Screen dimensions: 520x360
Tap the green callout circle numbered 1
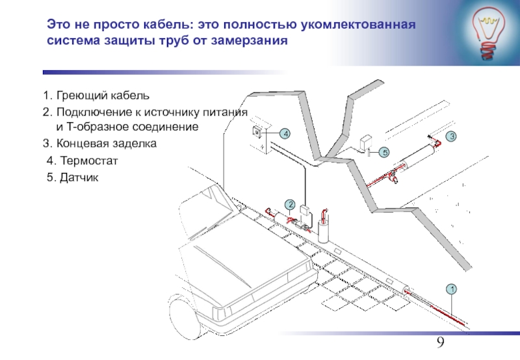click(x=451, y=288)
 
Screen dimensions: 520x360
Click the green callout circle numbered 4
click(x=285, y=133)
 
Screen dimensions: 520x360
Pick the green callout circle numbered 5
click(x=383, y=152)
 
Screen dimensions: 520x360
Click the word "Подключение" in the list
click(x=90, y=112)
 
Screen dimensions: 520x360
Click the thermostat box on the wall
click(x=257, y=132)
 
